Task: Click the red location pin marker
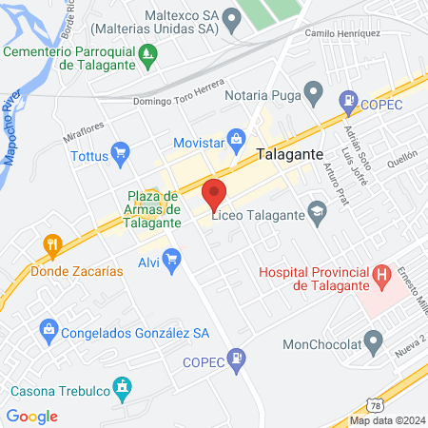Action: tap(215, 195)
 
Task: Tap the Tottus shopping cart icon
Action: tap(120, 151)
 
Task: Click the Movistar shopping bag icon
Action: tap(238, 142)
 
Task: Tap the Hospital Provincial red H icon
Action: tap(382, 277)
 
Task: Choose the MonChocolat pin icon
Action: tap(374, 340)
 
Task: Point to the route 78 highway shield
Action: tap(376, 404)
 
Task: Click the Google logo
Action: tap(31, 416)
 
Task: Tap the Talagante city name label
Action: tap(290, 154)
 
